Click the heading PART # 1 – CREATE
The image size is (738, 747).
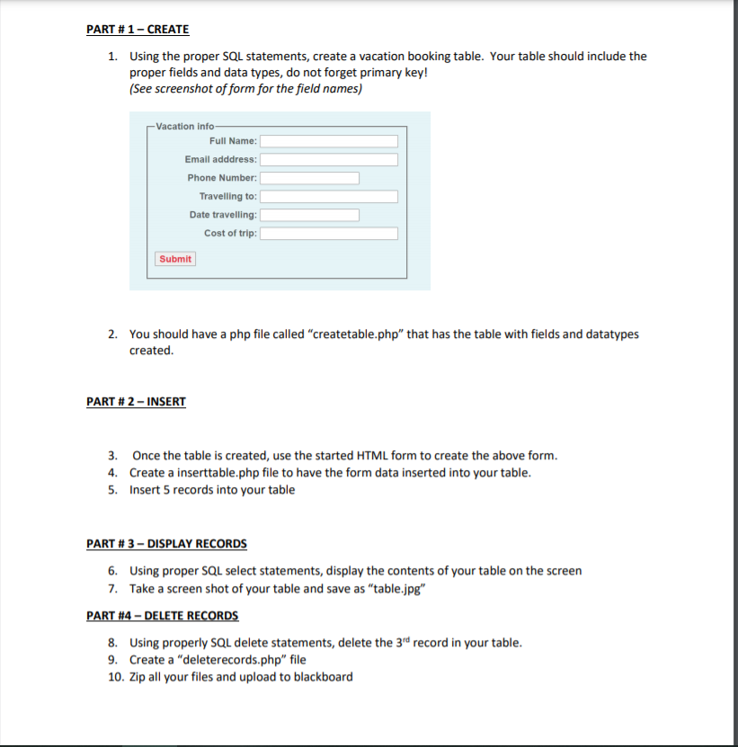[138, 30]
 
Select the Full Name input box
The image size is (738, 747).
[329, 141]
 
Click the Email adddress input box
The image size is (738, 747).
[329, 159]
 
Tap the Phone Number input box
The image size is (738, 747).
[310, 178]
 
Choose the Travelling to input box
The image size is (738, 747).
[329, 196]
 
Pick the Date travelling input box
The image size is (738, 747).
[310, 215]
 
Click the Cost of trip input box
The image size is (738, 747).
[329, 234]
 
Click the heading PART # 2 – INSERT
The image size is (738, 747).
[136, 401]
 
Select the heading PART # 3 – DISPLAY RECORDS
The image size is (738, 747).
[166, 544]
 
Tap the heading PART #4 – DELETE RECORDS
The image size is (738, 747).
[163, 616]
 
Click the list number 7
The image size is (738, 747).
[111, 588]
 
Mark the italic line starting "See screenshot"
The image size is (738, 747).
[245, 89]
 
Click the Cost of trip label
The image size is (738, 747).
[230, 234]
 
